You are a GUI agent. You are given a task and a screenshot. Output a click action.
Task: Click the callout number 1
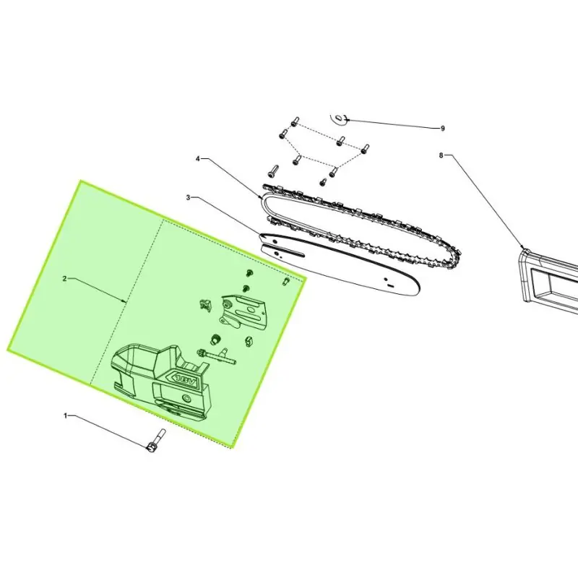[x=66, y=416]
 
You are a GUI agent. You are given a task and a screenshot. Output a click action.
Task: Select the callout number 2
[x=65, y=279]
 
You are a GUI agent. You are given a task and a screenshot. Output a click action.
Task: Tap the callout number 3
[x=189, y=197]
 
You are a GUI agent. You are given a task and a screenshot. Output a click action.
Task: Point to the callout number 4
[x=198, y=158]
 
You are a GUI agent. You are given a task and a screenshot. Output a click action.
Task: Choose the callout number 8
[x=441, y=155]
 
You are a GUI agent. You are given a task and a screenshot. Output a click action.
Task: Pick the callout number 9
[x=443, y=129]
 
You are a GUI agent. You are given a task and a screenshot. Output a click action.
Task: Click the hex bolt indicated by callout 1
[x=156, y=441]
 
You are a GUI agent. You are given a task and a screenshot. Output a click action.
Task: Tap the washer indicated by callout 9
[x=339, y=118]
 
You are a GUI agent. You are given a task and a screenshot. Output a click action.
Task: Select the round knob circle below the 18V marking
[x=188, y=398]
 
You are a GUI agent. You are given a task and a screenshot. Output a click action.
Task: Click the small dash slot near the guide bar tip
[x=390, y=285]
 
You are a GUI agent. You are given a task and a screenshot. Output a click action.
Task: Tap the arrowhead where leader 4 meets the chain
[x=261, y=197]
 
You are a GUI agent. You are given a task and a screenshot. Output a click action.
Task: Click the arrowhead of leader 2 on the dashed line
[x=125, y=301]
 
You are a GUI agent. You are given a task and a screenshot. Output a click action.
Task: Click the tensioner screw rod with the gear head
[x=216, y=355]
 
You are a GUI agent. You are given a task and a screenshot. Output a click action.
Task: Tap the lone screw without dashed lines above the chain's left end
[x=273, y=171]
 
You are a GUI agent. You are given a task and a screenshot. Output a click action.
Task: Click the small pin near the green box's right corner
[x=285, y=282]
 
